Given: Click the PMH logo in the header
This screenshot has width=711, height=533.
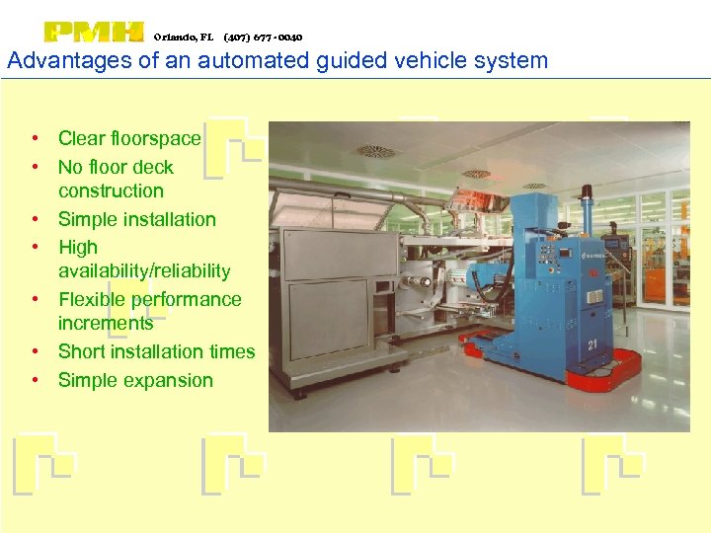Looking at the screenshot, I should pos(95,33).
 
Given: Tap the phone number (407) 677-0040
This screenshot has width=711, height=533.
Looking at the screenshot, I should pos(263,38).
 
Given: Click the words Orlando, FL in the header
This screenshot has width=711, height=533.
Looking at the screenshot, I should pos(183,38).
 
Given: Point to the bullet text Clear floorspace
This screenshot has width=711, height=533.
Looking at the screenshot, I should pos(129,138).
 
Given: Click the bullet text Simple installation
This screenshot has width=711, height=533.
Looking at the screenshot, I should pos(136,219).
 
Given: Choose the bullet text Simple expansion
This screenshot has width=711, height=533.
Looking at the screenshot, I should pos(135,380).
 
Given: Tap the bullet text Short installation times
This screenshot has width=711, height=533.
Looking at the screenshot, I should pos(156,351).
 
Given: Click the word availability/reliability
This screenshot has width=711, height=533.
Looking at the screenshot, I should pos(144,270).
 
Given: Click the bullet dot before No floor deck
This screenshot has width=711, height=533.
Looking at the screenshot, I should pos(35,168).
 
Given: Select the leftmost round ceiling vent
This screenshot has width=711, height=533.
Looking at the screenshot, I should pos(374,151).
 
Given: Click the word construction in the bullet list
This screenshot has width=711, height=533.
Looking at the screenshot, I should pos(111,190).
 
